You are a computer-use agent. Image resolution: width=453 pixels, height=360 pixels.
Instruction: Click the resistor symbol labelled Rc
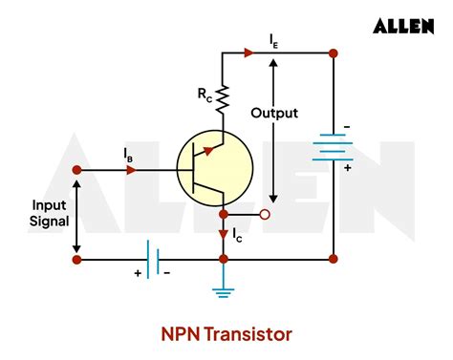(x=223, y=95)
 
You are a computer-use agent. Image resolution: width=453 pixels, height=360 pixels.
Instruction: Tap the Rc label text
(x=205, y=95)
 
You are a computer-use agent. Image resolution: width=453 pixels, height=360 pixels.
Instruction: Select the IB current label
(x=128, y=153)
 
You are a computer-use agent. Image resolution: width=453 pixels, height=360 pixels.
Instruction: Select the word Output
(x=274, y=113)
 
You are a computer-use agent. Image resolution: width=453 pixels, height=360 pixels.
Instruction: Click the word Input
(x=50, y=204)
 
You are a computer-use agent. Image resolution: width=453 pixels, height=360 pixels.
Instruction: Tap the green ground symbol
(x=223, y=289)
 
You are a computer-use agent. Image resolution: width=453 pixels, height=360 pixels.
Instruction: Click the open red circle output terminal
(x=267, y=215)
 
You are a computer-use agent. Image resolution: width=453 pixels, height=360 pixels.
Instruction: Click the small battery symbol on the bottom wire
(x=151, y=258)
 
